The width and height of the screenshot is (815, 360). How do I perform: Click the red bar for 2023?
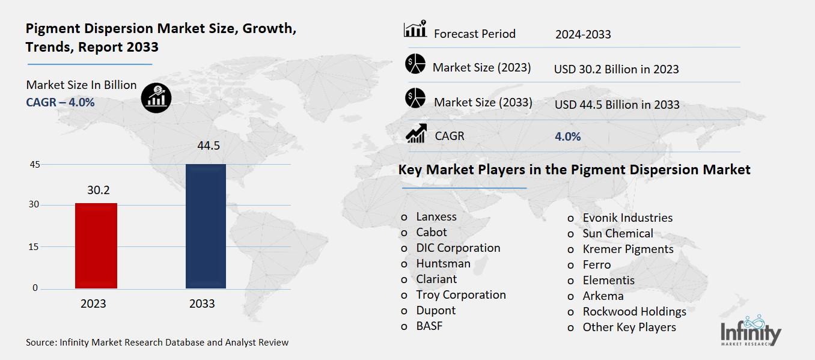tap(96, 246)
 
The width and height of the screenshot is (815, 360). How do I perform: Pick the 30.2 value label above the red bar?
tap(99, 190)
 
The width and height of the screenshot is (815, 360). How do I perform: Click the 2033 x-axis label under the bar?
tap(202, 304)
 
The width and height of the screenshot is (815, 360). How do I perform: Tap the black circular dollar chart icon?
tap(156, 97)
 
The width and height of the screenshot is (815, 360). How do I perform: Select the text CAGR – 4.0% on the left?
tap(60, 102)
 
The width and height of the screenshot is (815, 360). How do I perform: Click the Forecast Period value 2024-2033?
tap(583, 34)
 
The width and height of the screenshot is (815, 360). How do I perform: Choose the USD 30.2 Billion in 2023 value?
tap(616, 69)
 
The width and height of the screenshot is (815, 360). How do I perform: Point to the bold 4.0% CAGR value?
tap(568, 136)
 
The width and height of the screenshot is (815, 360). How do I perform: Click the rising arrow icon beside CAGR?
tap(415, 133)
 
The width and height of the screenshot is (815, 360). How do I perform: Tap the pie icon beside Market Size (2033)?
tap(415, 99)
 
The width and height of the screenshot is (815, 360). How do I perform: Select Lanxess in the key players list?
tap(436, 217)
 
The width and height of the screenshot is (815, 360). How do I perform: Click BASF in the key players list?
tap(429, 326)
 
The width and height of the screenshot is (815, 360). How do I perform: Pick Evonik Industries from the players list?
tap(627, 218)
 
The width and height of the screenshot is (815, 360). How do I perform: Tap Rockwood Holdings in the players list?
tap(634, 311)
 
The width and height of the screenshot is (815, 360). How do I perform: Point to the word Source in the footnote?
tap(40, 343)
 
